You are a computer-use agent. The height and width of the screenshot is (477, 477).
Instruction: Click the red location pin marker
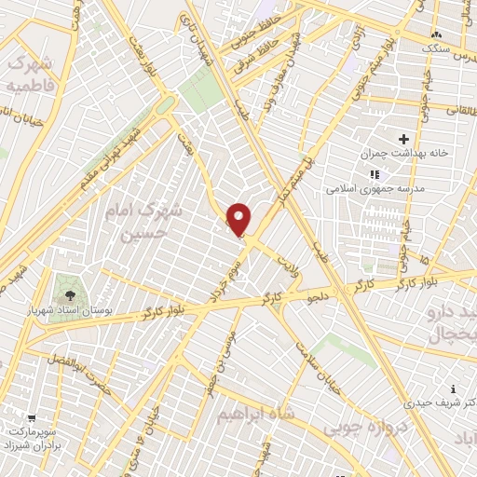click(239, 220)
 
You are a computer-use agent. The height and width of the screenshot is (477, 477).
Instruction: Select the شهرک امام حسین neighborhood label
click(153, 222)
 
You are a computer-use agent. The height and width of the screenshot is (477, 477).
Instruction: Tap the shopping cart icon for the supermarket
click(34, 418)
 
